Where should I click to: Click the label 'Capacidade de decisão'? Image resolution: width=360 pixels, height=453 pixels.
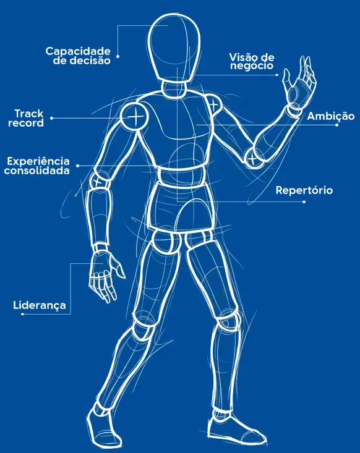[x=78, y=56]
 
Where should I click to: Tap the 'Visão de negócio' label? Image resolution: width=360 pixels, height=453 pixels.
[x=252, y=61]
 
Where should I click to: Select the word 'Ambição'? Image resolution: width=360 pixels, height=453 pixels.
[x=331, y=116]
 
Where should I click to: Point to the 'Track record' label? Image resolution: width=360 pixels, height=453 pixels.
[x=26, y=118]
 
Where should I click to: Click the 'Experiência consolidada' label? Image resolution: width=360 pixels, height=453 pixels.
[x=37, y=166]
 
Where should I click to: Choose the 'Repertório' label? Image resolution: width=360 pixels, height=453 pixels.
[x=304, y=190]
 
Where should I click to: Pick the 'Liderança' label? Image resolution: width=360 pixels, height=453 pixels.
[x=40, y=305]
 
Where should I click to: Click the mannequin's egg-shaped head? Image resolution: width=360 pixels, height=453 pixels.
[x=174, y=49]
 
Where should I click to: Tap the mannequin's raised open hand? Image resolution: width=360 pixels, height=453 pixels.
[x=299, y=82]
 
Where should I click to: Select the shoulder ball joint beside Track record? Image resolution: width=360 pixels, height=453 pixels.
[x=134, y=116]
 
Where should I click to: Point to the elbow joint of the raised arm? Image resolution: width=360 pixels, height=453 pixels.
[x=254, y=158]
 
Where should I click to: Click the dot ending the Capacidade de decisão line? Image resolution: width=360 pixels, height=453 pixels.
[x=118, y=57]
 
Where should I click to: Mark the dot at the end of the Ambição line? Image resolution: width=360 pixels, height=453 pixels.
[x=337, y=125]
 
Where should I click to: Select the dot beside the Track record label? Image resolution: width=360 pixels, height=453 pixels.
[x=51, y=118]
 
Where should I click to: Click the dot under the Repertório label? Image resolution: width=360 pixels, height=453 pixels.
[x=304, y=201]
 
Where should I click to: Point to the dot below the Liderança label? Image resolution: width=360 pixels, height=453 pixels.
[x=22, y=314]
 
